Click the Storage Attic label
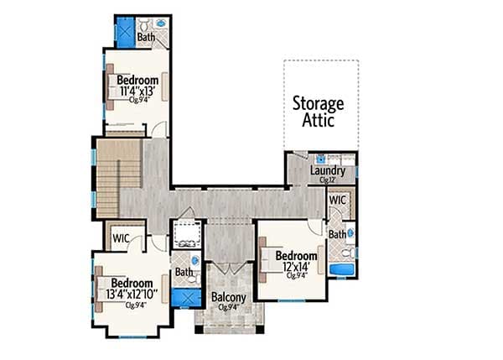(x=318, y=112)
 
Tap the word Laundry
(x=328, y=170)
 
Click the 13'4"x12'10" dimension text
(x=131, y=294)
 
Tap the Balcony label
(x=228, y=298)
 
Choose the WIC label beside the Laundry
(x=339, y=201)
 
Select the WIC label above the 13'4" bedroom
(x=122, y=238)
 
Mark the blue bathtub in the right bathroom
(x=341, y=269)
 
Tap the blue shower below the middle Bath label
(x=184, y=295)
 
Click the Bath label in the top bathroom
(x=147, y=37)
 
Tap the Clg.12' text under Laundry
(x=327, y=180)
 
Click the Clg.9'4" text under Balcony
(x=228, y=307)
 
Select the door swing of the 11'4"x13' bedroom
(x=156, y=128)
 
